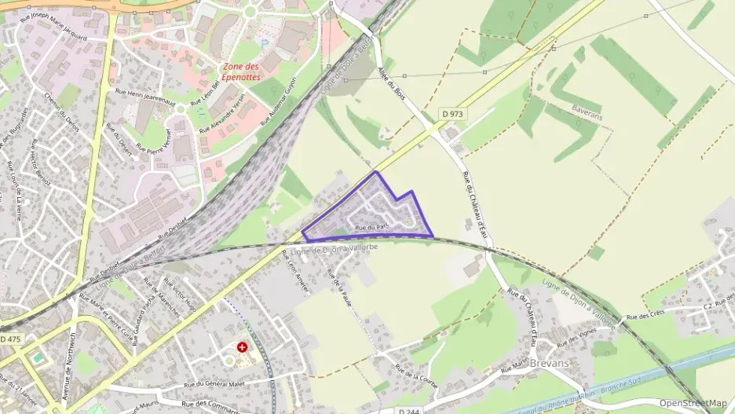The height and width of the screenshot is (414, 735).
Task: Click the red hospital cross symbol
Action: coord(243,346)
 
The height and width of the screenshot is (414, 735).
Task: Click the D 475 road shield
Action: coord(10,339)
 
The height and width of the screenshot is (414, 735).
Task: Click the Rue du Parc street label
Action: coord(372,227)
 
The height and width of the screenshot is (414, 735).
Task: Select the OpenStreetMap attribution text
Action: coord(693,403)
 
